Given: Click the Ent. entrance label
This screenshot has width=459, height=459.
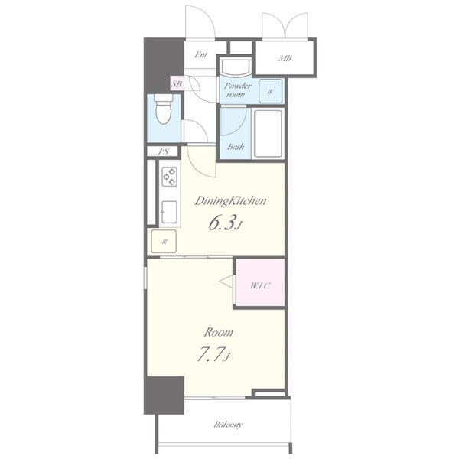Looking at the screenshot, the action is [201, 55].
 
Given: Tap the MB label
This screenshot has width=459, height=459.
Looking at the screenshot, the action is [285, 58].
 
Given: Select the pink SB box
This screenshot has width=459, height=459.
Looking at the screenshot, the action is [177, 84].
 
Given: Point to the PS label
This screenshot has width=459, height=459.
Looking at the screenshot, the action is [164, 151].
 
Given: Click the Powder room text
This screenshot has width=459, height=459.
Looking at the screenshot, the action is [238, 90].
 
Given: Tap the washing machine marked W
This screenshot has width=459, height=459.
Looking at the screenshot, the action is [271, 91].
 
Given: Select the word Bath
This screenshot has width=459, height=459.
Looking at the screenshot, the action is [236, 147].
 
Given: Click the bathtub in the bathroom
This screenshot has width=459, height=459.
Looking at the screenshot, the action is [268, 133].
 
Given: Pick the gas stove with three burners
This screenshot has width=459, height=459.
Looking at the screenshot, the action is [170, 177].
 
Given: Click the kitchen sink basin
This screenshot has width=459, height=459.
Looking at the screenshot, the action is [170, 212].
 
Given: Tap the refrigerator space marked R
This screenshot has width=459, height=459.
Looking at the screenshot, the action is [164, 242].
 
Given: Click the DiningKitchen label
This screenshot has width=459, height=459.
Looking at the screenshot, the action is [231, 201].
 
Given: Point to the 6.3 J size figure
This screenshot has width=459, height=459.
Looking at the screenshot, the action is [226, 223].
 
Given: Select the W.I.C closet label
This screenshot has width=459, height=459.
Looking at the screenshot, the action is [260, 285].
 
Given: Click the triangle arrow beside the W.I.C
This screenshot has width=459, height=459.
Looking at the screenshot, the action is [226, 282].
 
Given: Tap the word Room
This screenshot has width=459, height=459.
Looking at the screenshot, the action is [218, 333].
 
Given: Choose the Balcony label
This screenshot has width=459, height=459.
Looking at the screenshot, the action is [228, 425].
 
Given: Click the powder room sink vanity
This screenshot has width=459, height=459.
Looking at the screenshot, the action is [236, 66].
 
